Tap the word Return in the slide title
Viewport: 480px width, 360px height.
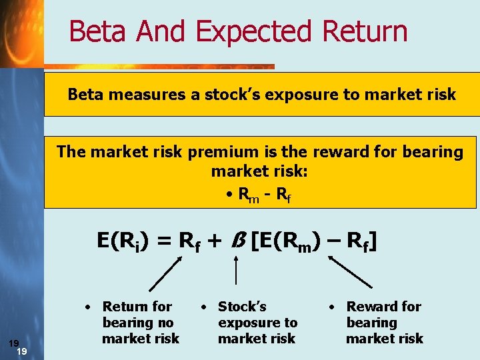(x=365, y=32)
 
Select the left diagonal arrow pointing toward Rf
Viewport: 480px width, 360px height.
(x=165, y=274)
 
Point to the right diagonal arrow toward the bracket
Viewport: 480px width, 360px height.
(x=352, y=273)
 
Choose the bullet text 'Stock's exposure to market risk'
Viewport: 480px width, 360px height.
(x=257, y=323)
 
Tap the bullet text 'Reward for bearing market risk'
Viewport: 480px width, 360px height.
(x=383, y=323)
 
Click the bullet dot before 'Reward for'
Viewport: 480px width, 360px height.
(x=331, y=308)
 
